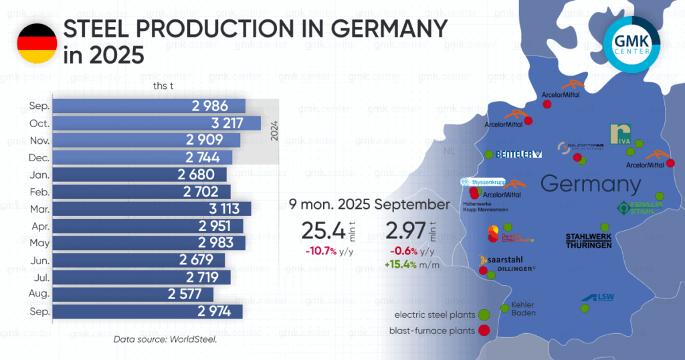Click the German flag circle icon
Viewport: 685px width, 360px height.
[37, 43]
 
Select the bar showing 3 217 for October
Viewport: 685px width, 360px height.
[157, 123]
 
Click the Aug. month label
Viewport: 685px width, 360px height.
[38, 294]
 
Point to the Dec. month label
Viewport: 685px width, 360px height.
[37, 157]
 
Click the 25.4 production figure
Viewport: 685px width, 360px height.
[323, 231]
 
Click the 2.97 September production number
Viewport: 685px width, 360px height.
[405, 231]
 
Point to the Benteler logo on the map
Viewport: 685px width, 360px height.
[520, 155]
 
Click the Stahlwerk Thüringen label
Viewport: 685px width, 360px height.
[589, 241]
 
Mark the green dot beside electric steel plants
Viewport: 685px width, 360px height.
[484, 314]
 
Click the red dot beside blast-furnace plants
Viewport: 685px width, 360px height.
[484, 330]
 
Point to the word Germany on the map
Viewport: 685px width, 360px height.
[591, 184]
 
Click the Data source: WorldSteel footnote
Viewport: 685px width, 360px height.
[165, 340]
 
